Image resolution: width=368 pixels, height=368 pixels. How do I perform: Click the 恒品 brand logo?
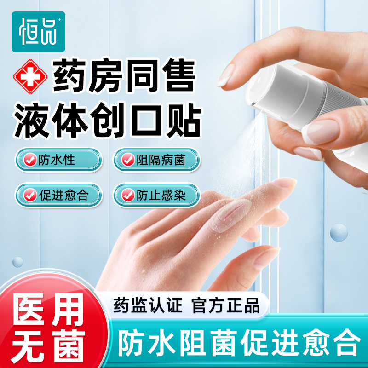tap(39, 31)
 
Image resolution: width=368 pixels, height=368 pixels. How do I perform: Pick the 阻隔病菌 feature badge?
tap(157, 160)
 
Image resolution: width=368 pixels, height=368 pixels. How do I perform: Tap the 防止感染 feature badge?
tap(157, 195)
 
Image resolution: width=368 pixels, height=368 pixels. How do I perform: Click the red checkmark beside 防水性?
tap(30, 160)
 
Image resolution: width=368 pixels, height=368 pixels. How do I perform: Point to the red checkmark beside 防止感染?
tap(129, 196)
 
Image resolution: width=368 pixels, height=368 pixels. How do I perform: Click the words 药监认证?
tap(148, 305)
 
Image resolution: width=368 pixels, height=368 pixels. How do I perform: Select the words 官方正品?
tap(226, 305)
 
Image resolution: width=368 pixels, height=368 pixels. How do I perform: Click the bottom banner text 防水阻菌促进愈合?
tap(239, 343)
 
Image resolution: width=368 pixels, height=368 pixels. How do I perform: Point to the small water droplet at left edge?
tap(17, 262)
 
